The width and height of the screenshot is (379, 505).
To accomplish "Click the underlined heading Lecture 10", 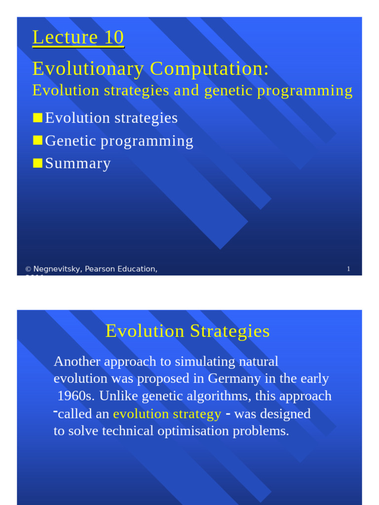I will [78, 37].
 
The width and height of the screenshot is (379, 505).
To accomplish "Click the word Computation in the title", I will [209, 69].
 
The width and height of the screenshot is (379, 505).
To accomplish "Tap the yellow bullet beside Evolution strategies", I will [38, 117].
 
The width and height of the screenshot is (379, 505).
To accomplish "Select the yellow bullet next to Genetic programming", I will [38, 141].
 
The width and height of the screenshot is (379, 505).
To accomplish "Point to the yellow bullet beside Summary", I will [38, 163].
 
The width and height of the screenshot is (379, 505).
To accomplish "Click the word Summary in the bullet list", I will [78, 164].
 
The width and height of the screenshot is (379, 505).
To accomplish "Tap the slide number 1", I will [348, 269].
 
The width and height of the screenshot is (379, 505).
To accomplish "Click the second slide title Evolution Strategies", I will [188, 331].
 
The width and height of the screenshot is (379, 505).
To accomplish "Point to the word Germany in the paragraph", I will [230, 379].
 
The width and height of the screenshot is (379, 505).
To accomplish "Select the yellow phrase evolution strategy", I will [167, 414].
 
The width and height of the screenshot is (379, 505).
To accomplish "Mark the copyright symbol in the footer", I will [28, 269].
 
